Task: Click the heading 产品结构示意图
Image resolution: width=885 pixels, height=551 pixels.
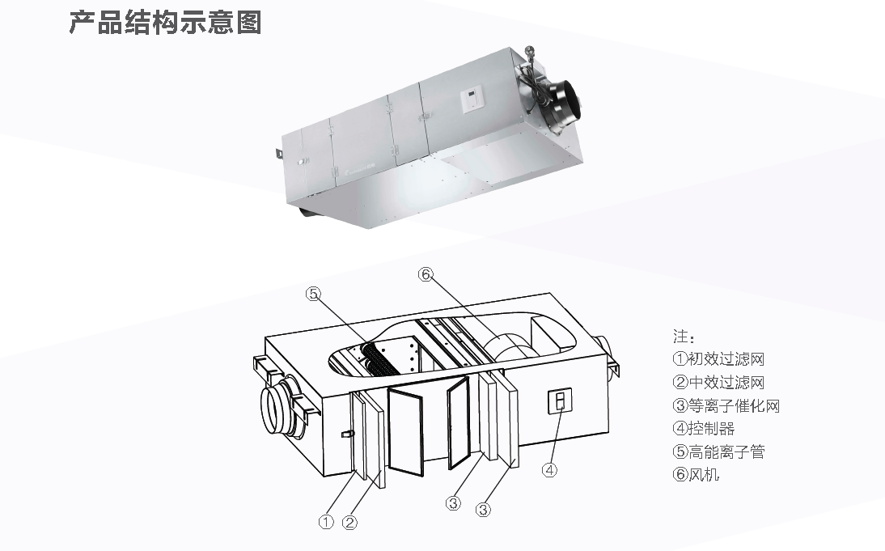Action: (x=165, y=23)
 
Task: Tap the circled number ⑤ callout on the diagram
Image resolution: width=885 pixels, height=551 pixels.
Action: (x=313, y=294)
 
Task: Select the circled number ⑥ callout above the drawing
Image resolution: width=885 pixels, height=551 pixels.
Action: (x=426, y=274)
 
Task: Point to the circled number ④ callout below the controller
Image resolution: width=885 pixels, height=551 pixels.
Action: (x=549, y=470)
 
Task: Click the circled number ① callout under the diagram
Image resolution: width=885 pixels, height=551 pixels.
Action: (x=326, y=522)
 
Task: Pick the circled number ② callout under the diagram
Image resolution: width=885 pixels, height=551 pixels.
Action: (x=350, y=523)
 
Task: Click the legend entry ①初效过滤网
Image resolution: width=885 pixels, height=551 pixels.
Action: (x=718, y=358)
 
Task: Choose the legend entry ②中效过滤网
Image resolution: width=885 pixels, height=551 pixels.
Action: (x=718, y=382)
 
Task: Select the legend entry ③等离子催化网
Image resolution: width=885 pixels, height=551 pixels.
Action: (x=726, y=405)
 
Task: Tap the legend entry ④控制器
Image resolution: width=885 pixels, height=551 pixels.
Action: (x=704, y=429)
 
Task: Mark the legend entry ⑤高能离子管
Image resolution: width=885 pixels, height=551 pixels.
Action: (x=718, y=451)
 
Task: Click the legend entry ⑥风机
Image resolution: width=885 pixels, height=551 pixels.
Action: (x=696, y=475)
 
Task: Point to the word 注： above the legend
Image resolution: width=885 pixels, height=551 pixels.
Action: (x=684, y=337)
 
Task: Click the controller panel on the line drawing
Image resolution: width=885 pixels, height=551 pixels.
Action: (x=560, y=401)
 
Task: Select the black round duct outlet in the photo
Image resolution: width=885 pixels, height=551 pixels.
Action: (x=565, y=105)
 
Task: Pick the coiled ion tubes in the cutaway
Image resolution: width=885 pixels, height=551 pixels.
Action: (x=378, y=359)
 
